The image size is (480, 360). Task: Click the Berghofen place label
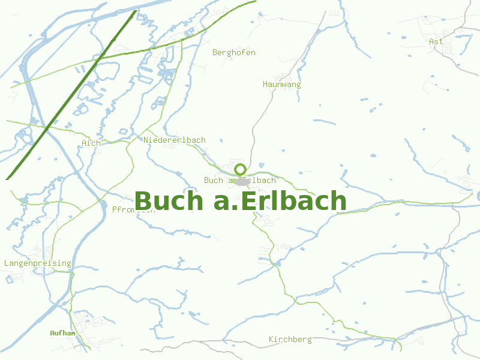click(234, 53)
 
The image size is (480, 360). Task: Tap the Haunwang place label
click(281, 85)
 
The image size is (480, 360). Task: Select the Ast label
click(436, 41)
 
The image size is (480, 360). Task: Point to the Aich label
click(91, 143)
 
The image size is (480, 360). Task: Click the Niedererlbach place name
click(174, 140)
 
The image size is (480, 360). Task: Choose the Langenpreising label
click(37, 263)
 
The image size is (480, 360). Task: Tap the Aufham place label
click(62, 332)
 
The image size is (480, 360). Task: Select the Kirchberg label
click(290, 340)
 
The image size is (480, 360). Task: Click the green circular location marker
click(240, 169)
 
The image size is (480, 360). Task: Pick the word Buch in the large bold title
click(170, 202)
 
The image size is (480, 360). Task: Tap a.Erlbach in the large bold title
click(280, 202)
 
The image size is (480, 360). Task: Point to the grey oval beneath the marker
click(242, 182)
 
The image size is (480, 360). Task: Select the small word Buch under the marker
click(213, 181)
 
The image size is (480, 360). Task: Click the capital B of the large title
click(144, 202)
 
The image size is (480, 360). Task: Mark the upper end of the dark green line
click(135, 11)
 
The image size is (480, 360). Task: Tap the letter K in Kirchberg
click(271, 340)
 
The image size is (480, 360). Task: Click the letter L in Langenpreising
click(6, 263)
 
